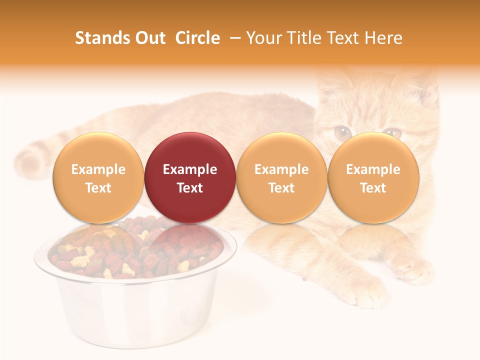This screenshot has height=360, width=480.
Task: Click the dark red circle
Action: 190,177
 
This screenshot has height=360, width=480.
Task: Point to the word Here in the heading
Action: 383,38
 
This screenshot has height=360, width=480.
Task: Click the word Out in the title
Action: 150,38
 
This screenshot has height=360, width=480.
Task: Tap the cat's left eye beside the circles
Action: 342,132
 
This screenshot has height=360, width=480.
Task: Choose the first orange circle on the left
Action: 98,177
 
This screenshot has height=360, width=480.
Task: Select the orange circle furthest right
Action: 373,177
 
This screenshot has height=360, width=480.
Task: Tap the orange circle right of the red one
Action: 281,177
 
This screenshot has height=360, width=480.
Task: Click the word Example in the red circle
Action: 190,169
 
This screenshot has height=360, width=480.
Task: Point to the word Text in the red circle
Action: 190,188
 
